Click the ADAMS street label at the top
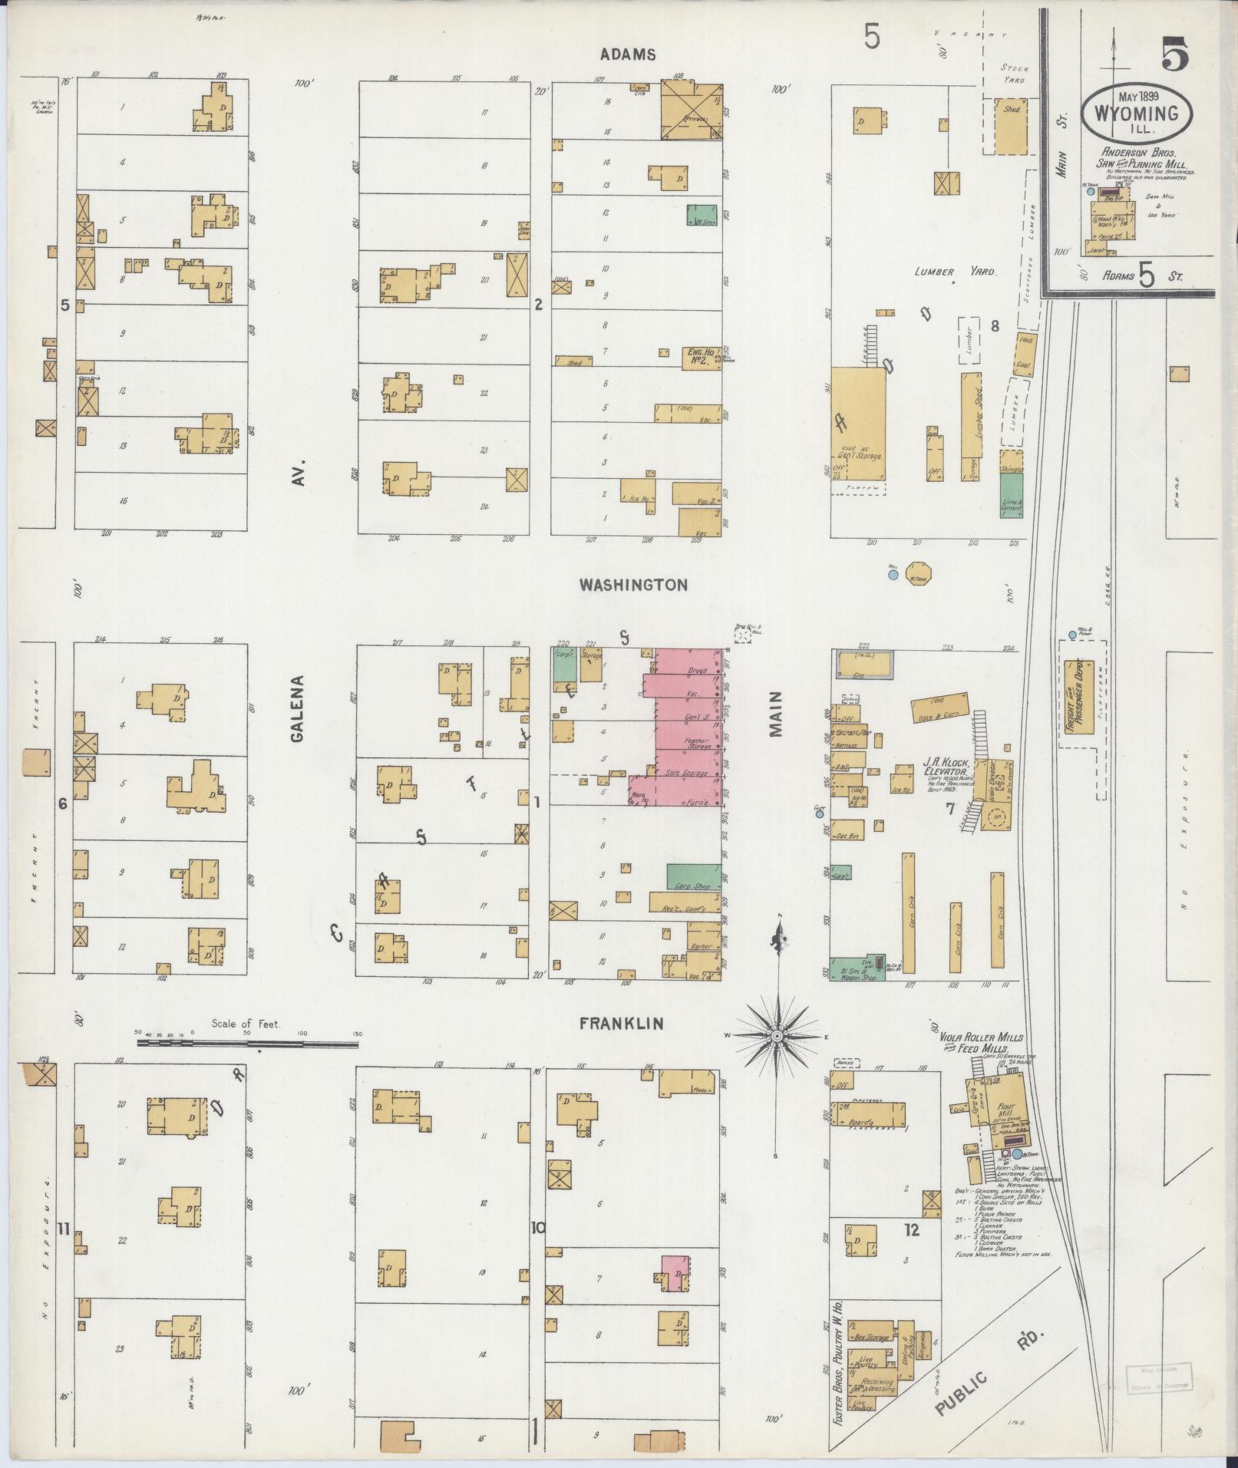(628, 54)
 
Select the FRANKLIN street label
(621, 1024)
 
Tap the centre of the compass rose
(777, 1036)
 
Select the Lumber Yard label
(954, 272)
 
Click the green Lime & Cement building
(1012, 493)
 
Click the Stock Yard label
(1014, 74)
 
